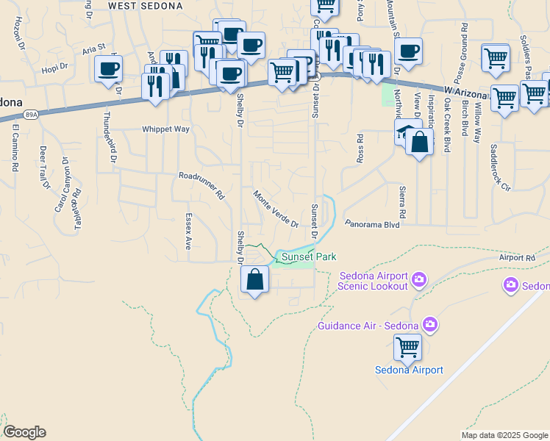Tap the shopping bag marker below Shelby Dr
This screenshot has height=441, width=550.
coord(254,280)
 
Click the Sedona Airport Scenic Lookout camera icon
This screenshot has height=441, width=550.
coord(419,279)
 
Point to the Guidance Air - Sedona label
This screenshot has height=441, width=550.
coord(368,325)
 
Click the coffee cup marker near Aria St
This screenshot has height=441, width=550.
coord(109,69)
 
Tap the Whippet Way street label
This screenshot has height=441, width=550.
coord(165,129)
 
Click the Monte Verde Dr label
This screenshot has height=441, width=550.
coord(276,209)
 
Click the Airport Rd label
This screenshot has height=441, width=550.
coord(517,258)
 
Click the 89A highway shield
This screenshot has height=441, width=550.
coord(30,115)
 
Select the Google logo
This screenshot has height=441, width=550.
coord(24,432)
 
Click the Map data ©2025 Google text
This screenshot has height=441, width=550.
coord(504,435)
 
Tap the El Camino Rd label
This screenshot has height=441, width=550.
coord(15,151)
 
